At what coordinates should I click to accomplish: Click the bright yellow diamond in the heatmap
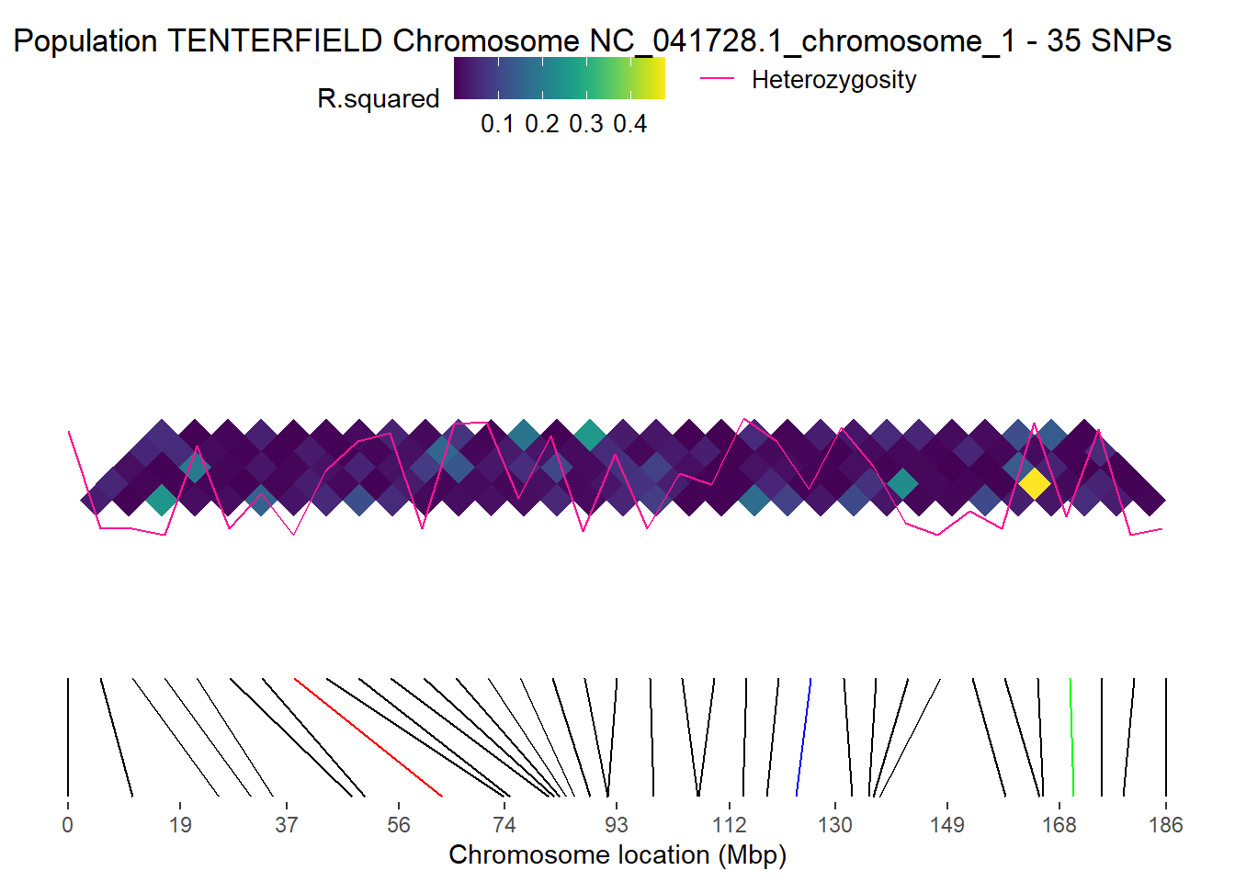coord(1034,483)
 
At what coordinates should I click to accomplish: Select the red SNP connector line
coord(368,737)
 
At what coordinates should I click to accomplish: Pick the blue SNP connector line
coord(804,737)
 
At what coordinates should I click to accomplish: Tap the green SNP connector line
coord(1071,737)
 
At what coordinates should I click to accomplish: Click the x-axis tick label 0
coord(67,825)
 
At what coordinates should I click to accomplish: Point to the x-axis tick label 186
coord(1165,825)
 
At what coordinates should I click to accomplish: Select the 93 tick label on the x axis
coord(617,825)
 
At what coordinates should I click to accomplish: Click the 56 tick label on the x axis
coord(399,825)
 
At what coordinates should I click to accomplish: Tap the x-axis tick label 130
coord(834,825)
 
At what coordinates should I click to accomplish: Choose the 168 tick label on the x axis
coord(1059,825)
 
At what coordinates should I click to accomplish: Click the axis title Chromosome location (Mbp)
coord(617,855)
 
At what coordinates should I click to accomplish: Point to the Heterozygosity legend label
coord(833,80)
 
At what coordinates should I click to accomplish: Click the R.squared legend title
coord(378,98)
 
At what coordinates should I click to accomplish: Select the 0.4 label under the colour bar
coord(630,124)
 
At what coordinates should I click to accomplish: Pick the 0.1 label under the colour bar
coord(497,124)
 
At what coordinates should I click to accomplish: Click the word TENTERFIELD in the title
coord(275,41)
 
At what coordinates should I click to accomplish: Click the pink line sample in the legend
coord(717,79)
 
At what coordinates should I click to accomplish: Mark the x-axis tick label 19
coord(180,825)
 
